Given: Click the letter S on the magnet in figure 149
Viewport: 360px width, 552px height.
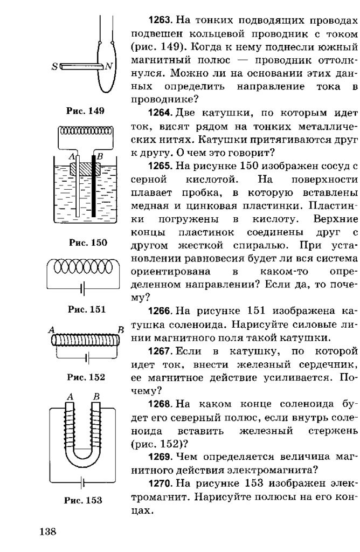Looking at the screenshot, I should click(54, 67).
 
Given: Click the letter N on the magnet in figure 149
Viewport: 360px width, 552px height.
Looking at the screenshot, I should click(108, 66).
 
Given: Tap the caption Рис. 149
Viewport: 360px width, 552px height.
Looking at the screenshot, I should click(85, 111).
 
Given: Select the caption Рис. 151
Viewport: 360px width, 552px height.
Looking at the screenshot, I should click(86, 309).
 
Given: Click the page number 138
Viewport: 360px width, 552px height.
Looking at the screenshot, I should click(47, 532).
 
